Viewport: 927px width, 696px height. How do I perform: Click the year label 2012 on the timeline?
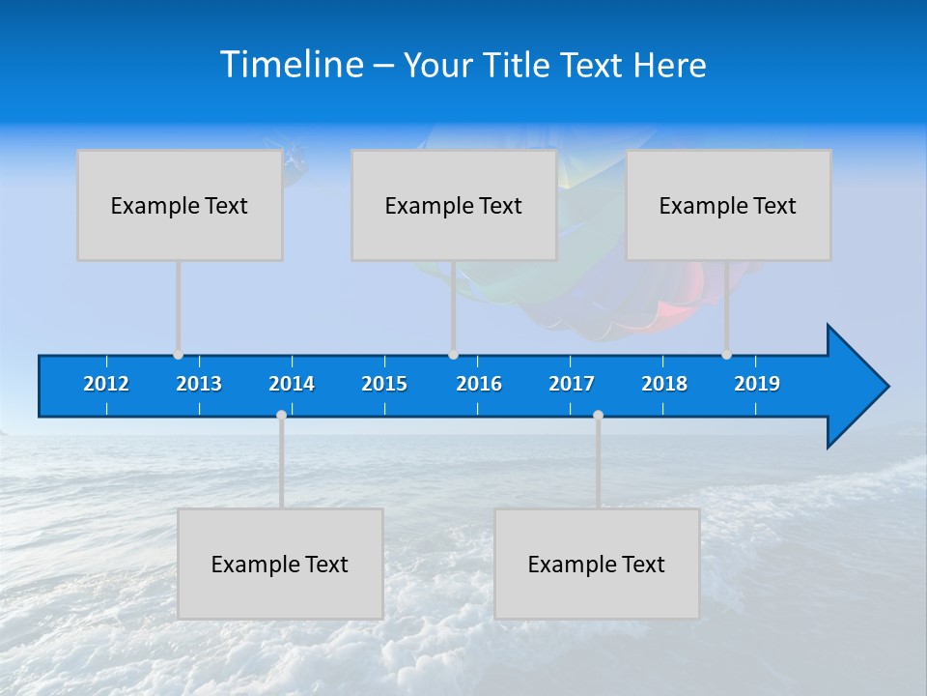[106, 384]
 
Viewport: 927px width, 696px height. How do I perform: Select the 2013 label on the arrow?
[199, 384]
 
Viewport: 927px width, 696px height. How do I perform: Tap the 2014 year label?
[292, 384]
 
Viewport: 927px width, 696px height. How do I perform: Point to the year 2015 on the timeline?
[384, 384]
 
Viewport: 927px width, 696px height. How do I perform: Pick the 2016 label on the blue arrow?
[479, 384]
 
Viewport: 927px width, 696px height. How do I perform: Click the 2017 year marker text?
[572, 384]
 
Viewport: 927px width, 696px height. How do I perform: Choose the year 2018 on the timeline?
[664, 384]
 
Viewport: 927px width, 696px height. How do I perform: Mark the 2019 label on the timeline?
[757, 384]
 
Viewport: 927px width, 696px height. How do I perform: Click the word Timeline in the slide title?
[292, 65]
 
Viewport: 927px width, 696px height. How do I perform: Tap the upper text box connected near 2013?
[180, 205]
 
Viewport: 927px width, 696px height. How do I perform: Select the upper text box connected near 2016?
[454, 205]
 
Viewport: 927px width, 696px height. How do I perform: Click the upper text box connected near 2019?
[728, 205]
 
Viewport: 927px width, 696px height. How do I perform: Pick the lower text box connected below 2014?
[280, 564]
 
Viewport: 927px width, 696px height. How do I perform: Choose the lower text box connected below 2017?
[597, 564]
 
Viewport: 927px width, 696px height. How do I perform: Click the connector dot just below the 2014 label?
[281, 415]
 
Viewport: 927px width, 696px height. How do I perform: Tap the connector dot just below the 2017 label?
[598, 415]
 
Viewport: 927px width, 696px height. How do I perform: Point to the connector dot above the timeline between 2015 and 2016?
[453, 355]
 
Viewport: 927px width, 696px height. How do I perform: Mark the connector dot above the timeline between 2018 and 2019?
[726, 355]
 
